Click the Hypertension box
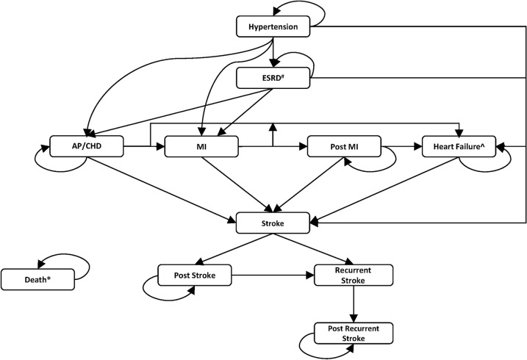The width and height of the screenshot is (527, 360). coord(273,27)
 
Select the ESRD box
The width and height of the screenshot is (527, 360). coord(273,77)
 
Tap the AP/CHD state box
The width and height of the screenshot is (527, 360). coord(87,146)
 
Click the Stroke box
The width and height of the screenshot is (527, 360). coord(273,223)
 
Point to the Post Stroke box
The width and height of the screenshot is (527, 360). coord(196,276)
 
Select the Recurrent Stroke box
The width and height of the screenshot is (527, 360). coord(354,276)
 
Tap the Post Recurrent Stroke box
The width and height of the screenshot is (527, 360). coord(354,332)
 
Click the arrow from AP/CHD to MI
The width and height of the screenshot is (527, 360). coord(143,147)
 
